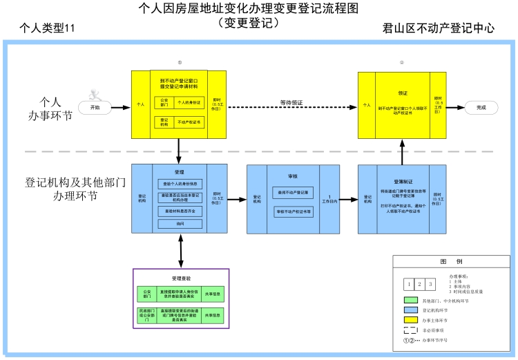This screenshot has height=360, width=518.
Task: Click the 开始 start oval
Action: (x=95, y=108)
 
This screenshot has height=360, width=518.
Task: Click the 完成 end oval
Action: (x=481, y=108)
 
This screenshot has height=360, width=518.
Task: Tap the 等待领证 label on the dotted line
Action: (x=291, y=103)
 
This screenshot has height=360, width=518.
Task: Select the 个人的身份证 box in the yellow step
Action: (x=189, y=103)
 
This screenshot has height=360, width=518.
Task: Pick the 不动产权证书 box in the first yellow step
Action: (x=189, y=122)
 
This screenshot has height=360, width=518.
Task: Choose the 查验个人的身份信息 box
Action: (x=180, y=184)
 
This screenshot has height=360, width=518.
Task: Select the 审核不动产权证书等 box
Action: (x=294, y=211)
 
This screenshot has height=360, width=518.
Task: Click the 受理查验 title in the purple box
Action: (x=180, y=278)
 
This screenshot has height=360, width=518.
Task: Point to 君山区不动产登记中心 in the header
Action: (x=439, y=28)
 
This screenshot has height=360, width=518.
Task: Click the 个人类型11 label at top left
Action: (x=47, y=29)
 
